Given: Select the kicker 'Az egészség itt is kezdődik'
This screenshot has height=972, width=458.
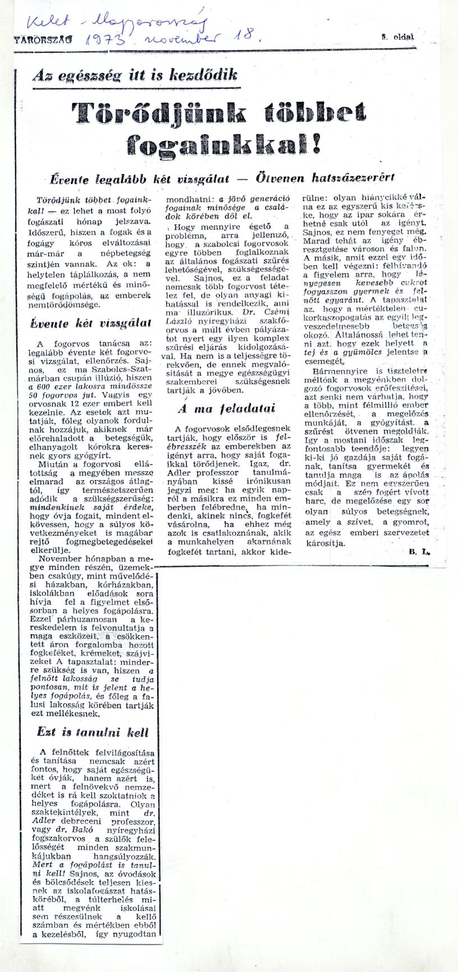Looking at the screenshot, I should pos(135,75).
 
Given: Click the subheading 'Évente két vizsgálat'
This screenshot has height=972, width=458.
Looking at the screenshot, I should pos(90,323).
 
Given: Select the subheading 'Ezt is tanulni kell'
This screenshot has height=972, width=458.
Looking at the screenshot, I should pos(93,732).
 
